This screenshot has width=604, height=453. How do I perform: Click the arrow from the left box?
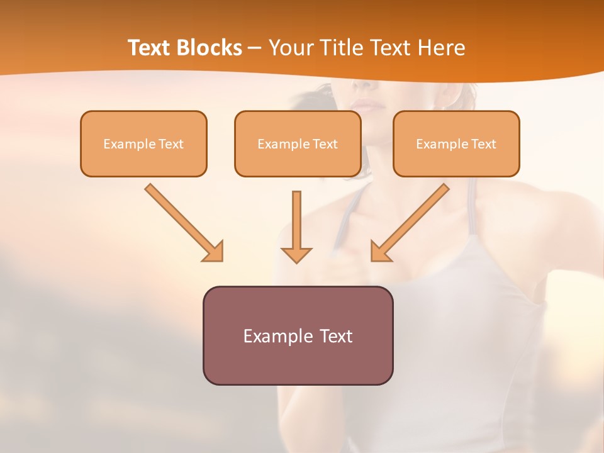tap(182, 221)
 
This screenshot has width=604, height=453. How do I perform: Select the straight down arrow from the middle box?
tap(296, 220)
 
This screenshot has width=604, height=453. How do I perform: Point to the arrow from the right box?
tap(411, 221)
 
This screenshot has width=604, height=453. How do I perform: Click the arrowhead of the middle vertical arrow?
tap(296, 254)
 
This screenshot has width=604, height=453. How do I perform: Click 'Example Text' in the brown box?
tap(298, 336)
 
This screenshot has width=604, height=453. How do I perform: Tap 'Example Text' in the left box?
tap(143, 144)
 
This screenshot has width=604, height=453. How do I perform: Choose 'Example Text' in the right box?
tap(456, 144)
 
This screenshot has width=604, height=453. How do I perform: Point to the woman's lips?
tap(362, 103)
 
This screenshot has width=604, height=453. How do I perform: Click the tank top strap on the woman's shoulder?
tap(471, 208)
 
